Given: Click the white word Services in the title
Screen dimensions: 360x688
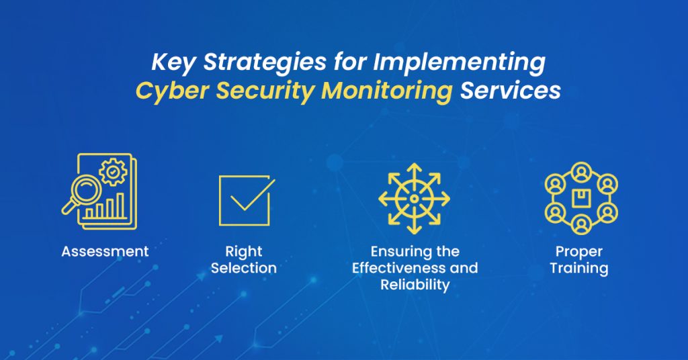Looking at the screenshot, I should tap(510, 91).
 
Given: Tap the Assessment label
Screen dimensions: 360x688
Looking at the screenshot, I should tap(105, 252).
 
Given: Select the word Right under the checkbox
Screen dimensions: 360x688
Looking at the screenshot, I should tap(243, 252).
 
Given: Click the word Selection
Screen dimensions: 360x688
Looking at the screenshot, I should tap(243, 268).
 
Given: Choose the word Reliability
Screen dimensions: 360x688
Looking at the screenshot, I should tap(415, 285).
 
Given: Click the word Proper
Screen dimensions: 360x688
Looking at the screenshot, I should tap(579, 252).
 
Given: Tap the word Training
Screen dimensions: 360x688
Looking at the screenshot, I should tap(579, 269).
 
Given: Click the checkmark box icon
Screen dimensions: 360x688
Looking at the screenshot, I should tap(245, 200).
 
